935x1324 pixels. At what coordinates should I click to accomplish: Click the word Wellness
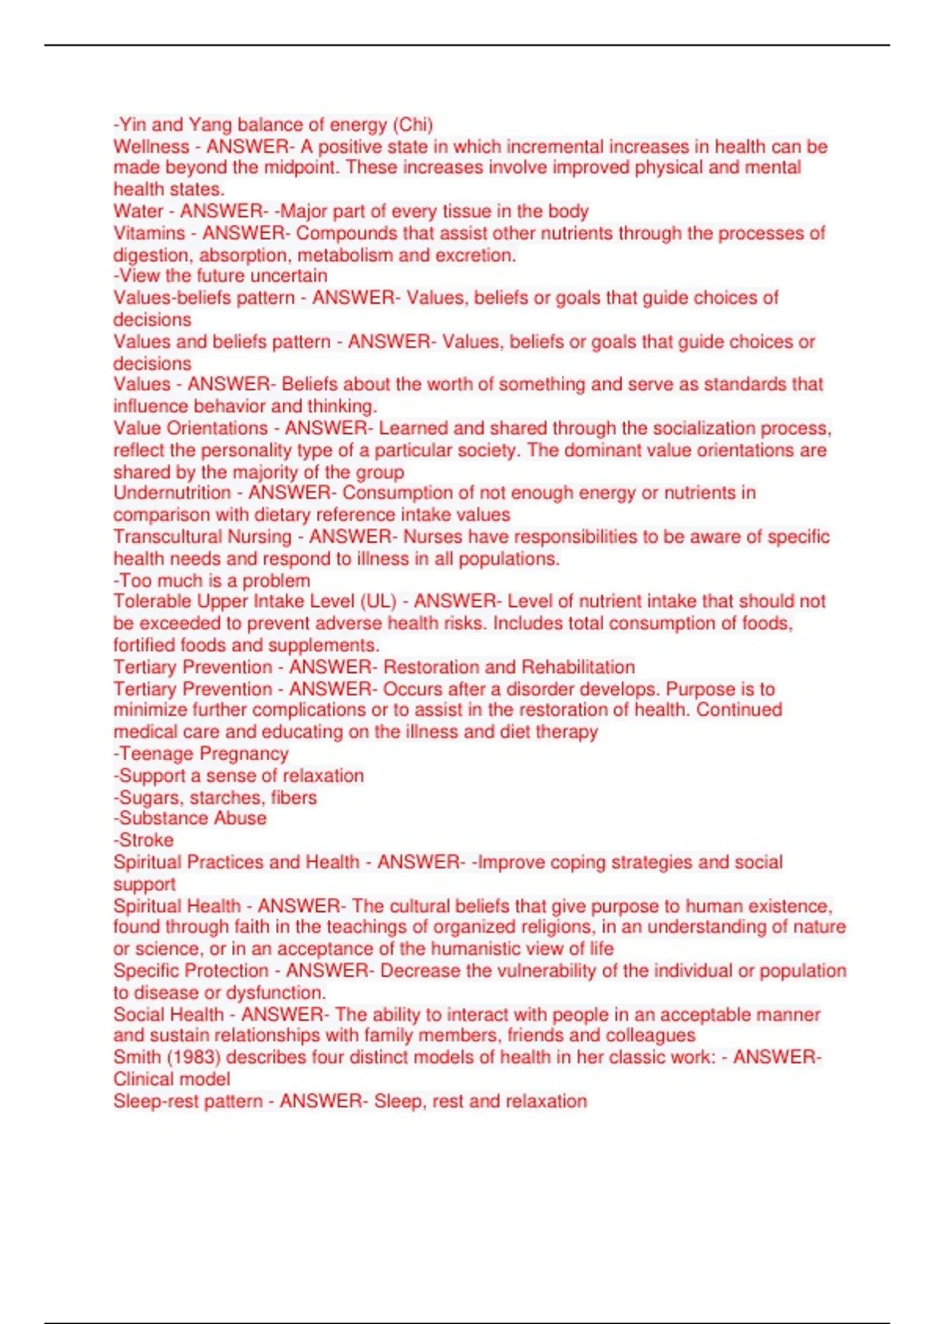pos(151,146)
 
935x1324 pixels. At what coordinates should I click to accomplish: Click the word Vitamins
pos(149,233)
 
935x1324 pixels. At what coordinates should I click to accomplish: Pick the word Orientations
pos(217,428)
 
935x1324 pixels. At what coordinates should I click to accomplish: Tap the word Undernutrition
pos(172,493)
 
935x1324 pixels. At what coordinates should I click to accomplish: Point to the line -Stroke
pos(143,840)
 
